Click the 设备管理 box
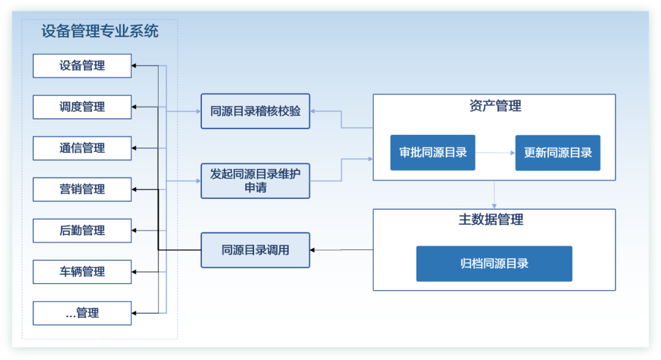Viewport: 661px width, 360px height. point(82,66)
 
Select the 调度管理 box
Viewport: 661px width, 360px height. point(82,107)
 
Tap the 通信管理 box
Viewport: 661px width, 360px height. point(82,148)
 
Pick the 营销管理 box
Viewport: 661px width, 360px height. point(82,190)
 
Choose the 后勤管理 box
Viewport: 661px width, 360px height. point(82,231)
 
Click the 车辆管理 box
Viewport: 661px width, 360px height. point(82,272)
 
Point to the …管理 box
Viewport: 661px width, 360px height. point(82,313)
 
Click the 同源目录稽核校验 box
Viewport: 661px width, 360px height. point(255,111)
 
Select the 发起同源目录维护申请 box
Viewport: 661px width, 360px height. point(255,181)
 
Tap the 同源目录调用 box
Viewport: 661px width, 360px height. point(255,250)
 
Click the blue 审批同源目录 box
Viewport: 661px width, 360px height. point(433,152)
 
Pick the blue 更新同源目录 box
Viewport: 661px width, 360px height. point(558,152)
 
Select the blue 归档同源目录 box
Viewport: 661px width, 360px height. point(494,264)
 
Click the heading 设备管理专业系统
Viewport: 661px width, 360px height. point(100,31)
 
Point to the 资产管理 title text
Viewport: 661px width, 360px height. point(495,106)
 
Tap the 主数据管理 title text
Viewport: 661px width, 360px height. point(491,220)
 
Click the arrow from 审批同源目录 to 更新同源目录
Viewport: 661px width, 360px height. point(495,152)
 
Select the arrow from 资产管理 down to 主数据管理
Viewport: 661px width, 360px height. point(495,195)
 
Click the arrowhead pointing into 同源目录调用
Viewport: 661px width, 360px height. point(313,250)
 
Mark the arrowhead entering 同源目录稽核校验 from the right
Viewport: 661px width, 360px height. point(313,111)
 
